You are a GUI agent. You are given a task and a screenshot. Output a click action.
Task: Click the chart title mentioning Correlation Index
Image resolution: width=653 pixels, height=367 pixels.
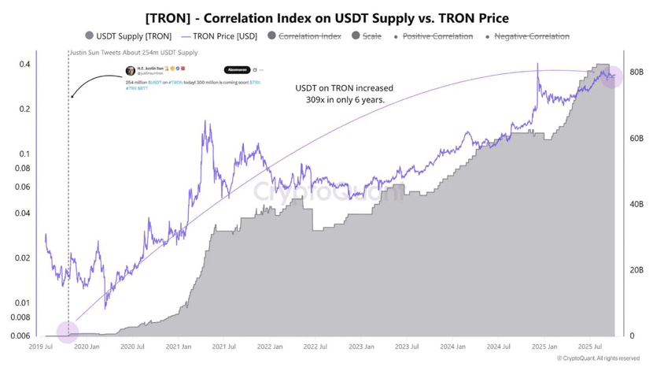(326, 15)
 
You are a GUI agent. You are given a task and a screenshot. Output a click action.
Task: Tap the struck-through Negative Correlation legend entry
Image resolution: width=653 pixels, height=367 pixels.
(529, 36)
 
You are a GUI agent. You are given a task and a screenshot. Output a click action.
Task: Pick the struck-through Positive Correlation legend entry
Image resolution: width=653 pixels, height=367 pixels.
(437, 36)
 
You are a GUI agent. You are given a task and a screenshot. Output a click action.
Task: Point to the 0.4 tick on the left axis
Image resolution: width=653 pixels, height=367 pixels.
(24, 65)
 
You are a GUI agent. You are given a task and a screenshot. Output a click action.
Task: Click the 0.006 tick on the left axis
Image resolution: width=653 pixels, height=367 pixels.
(19, 336)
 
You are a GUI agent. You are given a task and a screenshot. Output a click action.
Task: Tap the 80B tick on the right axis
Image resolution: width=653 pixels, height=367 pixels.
(637, 72)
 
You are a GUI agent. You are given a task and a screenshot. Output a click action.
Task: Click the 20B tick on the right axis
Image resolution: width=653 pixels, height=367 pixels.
(637, 270)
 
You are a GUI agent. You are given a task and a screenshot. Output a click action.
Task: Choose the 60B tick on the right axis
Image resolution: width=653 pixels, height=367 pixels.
(637, 139)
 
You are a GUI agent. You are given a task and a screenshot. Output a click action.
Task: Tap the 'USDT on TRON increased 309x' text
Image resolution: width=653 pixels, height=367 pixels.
(344, 95)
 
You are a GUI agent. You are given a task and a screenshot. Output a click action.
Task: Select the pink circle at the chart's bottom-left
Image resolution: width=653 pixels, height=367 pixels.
(68, 332)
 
